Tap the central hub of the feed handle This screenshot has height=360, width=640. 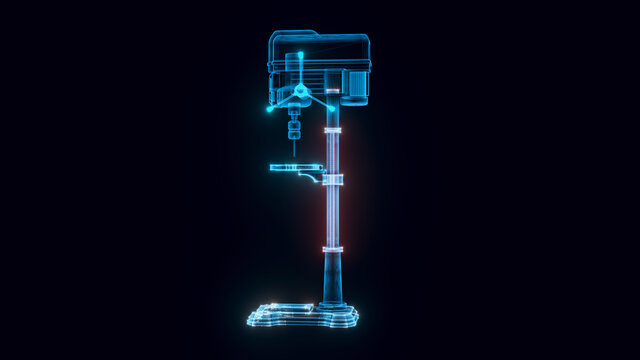(299, 94)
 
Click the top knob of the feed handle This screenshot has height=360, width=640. (297, 56)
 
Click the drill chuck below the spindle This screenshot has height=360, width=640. (294, 128)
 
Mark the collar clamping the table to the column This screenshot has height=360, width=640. (333, 180)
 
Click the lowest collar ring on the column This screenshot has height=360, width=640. (333, 249)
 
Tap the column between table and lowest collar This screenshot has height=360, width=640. (333, 215)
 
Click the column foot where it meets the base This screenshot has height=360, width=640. (333, 304)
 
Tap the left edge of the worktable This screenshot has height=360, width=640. (272, 167)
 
